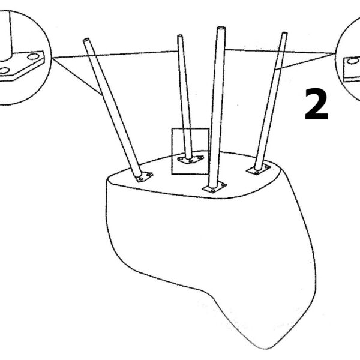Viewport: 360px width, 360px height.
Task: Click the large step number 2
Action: [x=316, y=104]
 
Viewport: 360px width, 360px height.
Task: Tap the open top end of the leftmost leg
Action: [x=86, y=40]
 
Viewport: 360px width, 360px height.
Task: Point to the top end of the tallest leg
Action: [x=221, y=28]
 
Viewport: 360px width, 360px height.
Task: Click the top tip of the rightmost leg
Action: [x=284, y=34]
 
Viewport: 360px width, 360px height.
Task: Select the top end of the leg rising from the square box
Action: [x=180, y=36]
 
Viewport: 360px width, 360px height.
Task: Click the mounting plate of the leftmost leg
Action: [x=145, y=177]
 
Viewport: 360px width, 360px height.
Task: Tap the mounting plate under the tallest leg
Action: [x=214, y=187]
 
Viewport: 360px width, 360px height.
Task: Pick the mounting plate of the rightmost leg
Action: [x=259, y=169]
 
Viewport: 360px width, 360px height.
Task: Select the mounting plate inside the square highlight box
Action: [x=191, y=159]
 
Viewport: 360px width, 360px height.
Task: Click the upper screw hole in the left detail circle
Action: [x=33, y=56]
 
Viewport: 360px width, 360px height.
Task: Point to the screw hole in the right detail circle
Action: [x=353, y=61]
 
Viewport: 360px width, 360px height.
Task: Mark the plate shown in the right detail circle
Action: [x=352, y=70]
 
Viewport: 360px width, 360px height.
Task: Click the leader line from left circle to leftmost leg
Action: [x=77, y=77]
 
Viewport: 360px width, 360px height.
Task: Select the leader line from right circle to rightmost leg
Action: [x=305, y=61]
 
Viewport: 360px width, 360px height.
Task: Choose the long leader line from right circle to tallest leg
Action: [x=280, y=52]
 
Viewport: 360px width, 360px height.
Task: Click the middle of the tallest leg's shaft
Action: [x=218, y=107]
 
